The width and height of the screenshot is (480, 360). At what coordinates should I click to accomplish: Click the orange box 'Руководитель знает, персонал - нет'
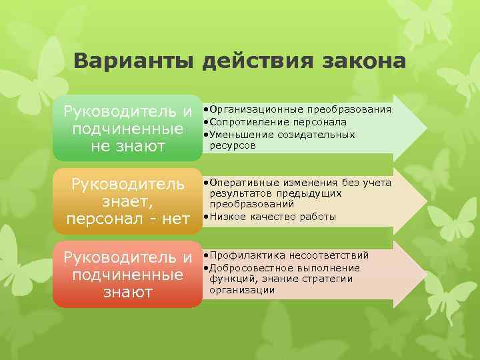tap(127, 200)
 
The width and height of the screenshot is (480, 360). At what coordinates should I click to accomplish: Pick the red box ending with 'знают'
tap(127, 274)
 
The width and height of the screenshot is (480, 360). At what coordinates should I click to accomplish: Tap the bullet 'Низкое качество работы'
tap(271, 217)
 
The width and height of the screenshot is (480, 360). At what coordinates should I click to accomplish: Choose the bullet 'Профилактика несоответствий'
tap(287, 255)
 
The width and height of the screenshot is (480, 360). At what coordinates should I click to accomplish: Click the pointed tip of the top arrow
tap(422, 127)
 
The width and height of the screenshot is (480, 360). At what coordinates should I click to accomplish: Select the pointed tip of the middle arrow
tap(422, 201)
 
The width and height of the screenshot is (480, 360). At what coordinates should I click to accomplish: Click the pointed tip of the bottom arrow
tap(422, 273)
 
